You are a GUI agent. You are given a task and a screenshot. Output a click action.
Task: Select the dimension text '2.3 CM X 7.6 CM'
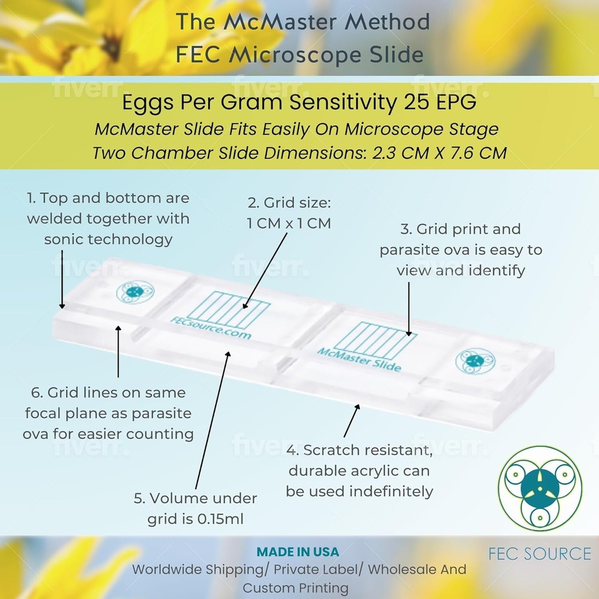(x=440, y=153)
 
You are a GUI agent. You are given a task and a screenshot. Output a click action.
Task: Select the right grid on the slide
(x=375, y=340)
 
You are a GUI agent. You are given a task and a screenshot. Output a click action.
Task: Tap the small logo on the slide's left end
(x=135, y=292)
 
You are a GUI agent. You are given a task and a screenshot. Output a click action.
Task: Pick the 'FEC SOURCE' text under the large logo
(x=540, y=553)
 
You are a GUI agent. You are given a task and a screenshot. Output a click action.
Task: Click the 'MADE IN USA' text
(x=298, y=552)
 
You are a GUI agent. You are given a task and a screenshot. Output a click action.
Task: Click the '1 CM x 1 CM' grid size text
(x=289, y=223)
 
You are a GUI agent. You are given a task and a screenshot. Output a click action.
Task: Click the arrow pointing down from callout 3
(x=409, y=308)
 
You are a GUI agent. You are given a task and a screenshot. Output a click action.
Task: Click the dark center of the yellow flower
(x=110, y=45)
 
